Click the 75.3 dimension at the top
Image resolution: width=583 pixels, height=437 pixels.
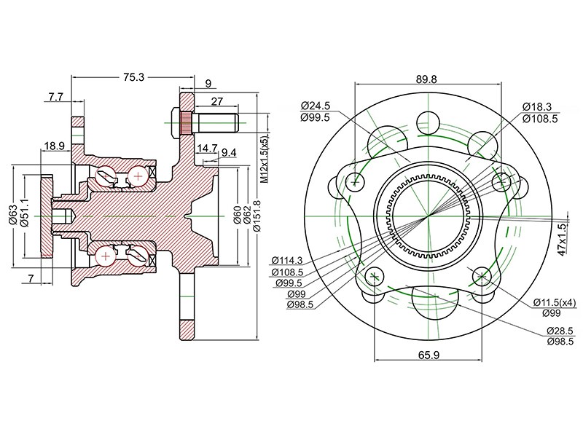coord(133,77)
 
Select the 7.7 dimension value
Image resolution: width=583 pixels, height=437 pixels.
coord(56,97)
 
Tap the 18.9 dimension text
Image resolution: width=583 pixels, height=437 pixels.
coord(55,146)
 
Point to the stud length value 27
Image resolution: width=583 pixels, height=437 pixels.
coord(216,101)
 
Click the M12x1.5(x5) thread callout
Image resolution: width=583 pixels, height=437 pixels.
coord(264,159)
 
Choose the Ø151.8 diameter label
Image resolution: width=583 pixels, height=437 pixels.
coord(257,216)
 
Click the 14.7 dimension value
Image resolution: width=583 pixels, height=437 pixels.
coord(207,149)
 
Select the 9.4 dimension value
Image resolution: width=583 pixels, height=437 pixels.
coord(229,152)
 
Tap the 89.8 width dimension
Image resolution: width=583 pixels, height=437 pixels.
coord(426,79)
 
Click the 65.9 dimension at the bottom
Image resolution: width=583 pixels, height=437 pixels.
coord(429,355)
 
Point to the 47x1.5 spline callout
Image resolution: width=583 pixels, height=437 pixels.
coord(563,239)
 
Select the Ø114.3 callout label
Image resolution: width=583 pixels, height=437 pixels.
coord(287,261)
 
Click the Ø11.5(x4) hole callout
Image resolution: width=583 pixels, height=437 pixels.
coord(555,302)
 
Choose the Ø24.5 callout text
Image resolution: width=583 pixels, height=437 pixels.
coord(316,106)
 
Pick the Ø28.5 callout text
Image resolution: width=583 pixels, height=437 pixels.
coord(560,331)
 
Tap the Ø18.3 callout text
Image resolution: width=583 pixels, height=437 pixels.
coord(537,106)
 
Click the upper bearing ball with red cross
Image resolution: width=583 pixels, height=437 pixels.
coord(138,175)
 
